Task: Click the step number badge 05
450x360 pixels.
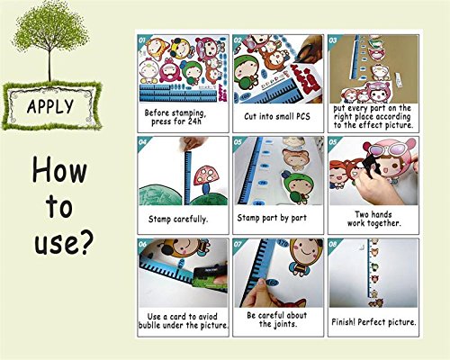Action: [x=238, y=141]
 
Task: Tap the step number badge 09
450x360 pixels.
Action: [x=334, y=244]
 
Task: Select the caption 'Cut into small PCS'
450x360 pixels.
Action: [x=276, y=114]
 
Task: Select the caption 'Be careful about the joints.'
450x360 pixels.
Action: [x=276, y=319]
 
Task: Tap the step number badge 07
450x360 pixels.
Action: [x=238, y=244]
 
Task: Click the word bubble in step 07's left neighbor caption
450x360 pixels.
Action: [x=156, y=325]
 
